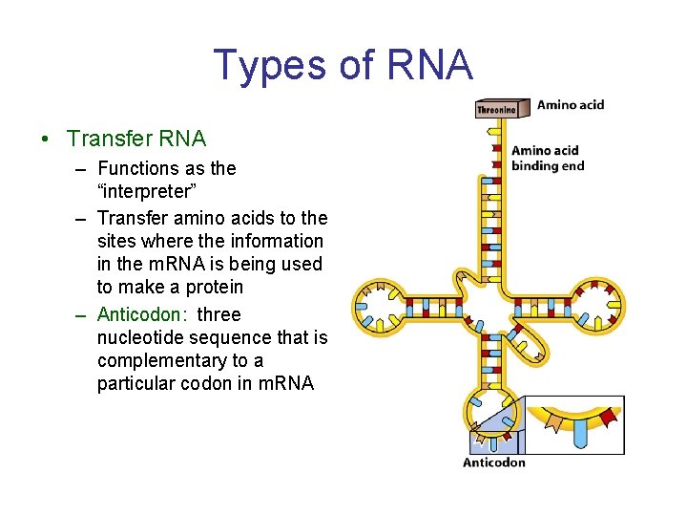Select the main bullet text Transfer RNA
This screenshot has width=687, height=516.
[x=136, y=139]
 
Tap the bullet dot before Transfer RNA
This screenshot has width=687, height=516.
[x=46, y=140]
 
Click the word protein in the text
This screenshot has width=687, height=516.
[x=210, y=287]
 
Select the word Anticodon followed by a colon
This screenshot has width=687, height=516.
[x=141, y=314]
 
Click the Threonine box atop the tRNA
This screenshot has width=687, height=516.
[x=496, y=109]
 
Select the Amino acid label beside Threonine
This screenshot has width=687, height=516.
[x=570, y=105]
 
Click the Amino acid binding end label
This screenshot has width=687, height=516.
[x=547, y=158]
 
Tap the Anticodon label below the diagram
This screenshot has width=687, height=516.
[x=493, y=462]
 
